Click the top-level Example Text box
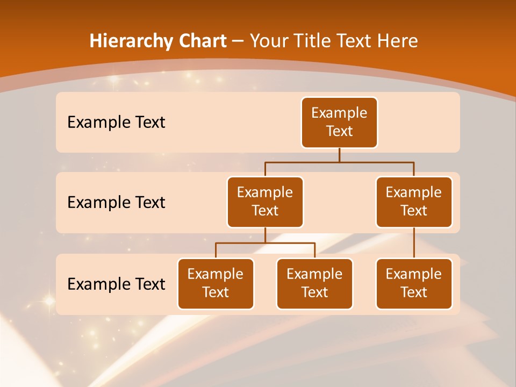click(339, 123)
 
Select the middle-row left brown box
click(265, 202)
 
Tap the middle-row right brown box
click(414, 202)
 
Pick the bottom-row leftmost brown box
click(216, 284)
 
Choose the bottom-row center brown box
click(314, 284)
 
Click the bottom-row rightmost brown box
click(414, 284)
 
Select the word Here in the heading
click(397, 41)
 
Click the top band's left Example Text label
click(116, 123)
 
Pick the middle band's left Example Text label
click(116, 203)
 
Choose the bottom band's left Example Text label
click(116, 284)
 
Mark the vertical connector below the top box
click(339, 155)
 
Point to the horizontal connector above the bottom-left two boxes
click(265, 243)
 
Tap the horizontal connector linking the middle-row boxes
click(339, 162)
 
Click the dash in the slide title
click(238, 41)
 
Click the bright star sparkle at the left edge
click(48, 301)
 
